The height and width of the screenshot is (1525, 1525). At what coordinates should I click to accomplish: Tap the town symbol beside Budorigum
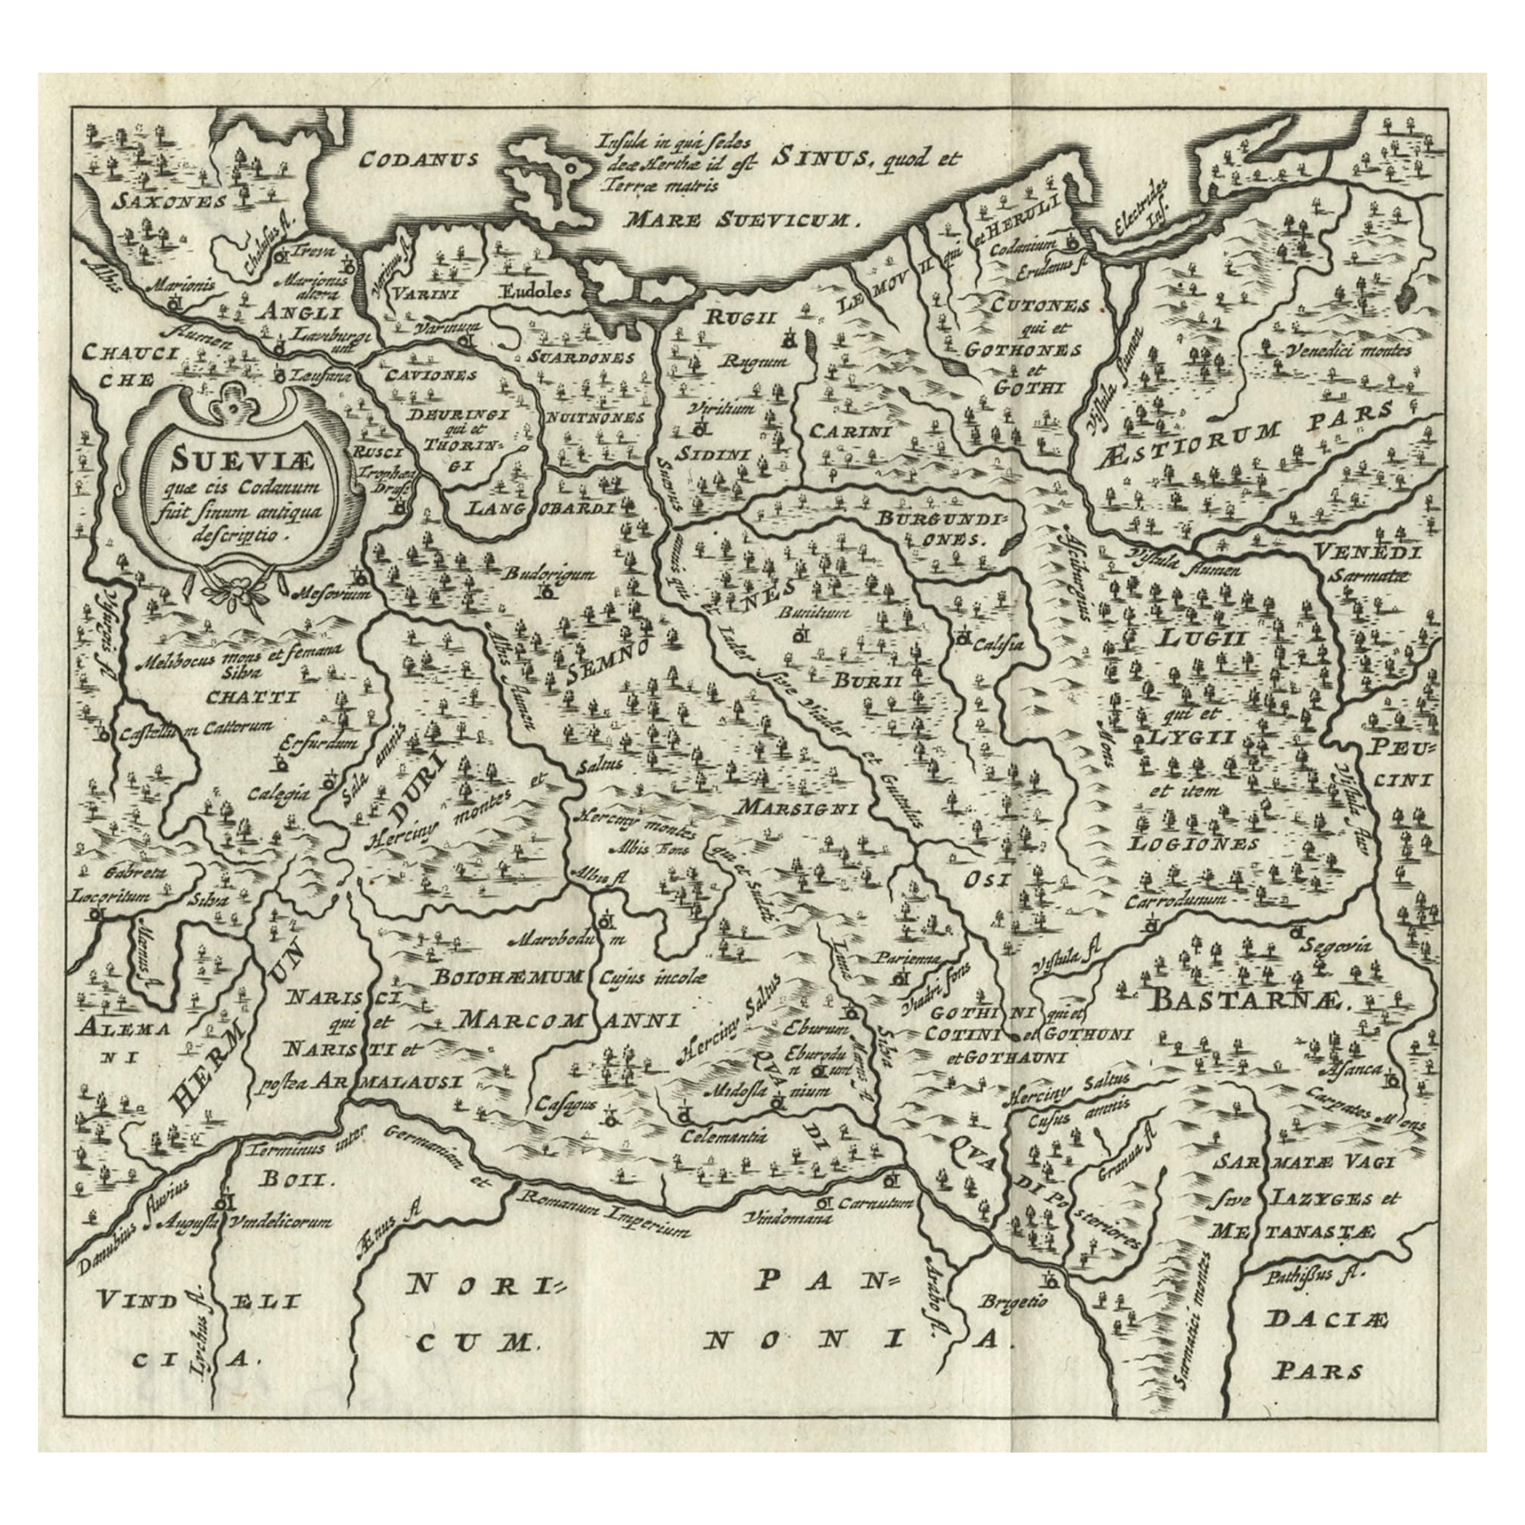(544, 590)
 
